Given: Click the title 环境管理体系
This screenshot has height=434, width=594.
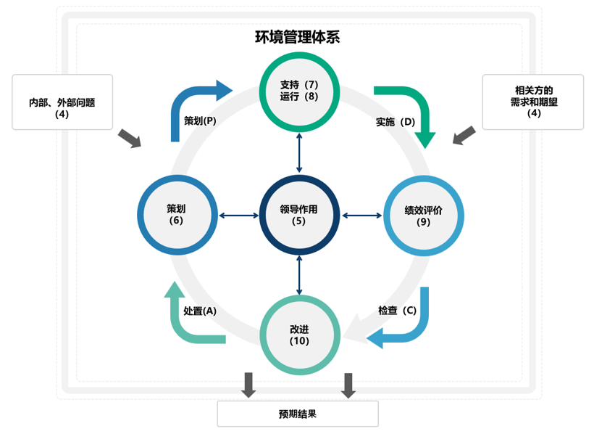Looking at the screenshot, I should coord(298,36).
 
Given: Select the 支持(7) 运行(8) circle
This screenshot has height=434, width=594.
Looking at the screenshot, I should coord(299,91).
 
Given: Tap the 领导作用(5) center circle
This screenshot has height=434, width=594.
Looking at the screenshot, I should coord(299,215).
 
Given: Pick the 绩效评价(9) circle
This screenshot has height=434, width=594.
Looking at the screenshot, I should coord(423,216).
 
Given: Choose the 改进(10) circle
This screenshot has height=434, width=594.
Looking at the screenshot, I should coord(299,336).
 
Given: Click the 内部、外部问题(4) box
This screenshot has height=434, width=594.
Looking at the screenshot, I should coord(62,102).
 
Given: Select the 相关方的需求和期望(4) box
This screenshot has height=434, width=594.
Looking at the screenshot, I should coord(533,102).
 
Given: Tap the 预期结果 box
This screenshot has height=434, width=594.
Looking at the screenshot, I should coord(298,414).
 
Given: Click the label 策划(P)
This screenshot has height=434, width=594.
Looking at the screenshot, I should coord(201,120).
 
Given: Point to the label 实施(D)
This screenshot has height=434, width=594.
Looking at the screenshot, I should coord(396,121).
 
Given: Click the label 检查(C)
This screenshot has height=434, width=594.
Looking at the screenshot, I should coord(398,311).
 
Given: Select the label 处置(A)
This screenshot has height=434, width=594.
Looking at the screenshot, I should coord(200,311).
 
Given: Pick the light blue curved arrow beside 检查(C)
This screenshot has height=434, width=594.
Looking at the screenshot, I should coord(409,327).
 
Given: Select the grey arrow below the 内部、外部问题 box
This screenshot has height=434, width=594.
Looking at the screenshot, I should coord(130,138).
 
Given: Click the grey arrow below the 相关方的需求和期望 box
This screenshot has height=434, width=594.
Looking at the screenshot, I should coord(464,136).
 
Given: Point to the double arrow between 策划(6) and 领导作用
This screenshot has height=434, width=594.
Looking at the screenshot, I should coord(238,215).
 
